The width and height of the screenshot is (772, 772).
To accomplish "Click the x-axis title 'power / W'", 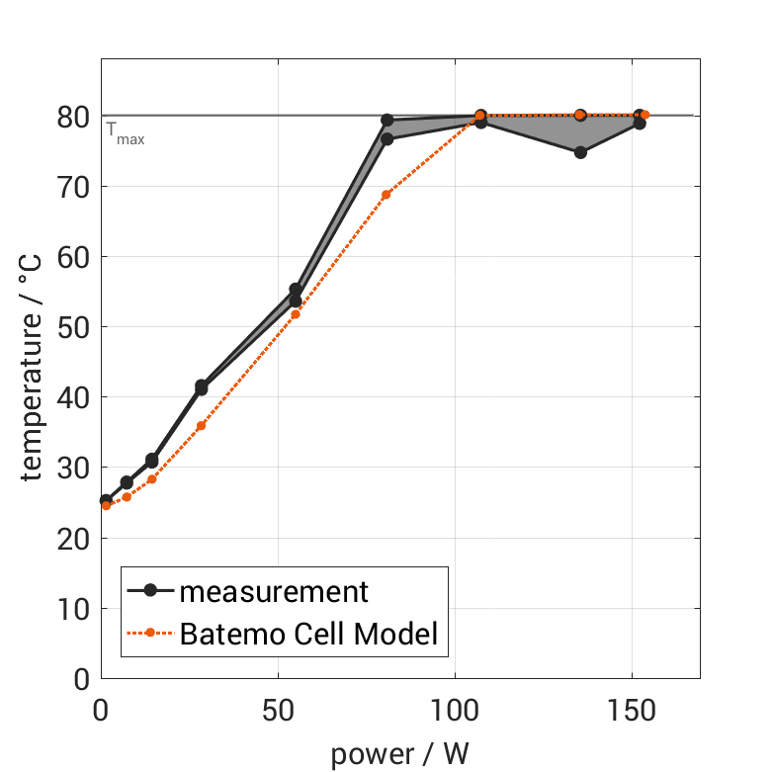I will coord(399,754).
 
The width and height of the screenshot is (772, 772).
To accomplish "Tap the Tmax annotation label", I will coord(126,133).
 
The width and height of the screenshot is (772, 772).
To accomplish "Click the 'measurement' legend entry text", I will coord(273,592).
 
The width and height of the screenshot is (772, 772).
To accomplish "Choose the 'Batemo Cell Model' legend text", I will coord(307,634).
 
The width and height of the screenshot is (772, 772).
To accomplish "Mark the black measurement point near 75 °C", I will coord(580,152).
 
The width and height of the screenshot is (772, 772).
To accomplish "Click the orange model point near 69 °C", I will coord(386,195).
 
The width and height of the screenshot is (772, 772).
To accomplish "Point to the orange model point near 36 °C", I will coord(202,426).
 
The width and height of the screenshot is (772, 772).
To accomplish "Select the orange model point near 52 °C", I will coord(296,314).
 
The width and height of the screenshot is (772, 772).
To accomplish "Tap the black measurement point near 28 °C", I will coord(127,482).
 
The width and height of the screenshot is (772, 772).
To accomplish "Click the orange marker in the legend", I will coord(150,634).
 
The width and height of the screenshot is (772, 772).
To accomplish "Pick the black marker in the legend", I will coord(150,591).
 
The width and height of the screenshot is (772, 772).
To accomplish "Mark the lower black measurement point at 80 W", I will coord(387,139).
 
